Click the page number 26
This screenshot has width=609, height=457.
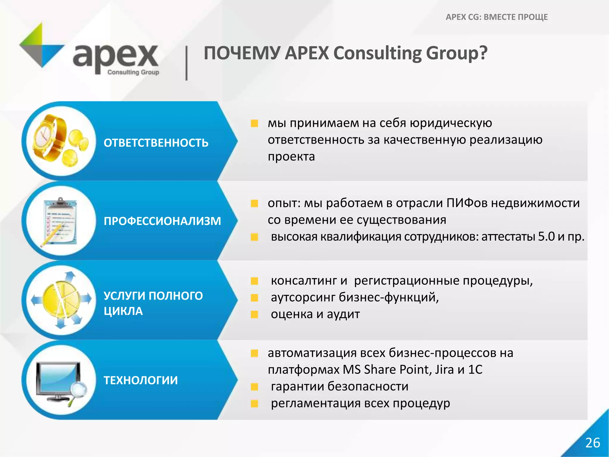click(x=593, y=443)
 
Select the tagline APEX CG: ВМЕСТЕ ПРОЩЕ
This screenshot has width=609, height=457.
click(x=497, y=17)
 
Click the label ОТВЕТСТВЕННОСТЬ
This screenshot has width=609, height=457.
click(x=156, y=143)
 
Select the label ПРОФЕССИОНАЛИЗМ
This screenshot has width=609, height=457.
click(x=162, y=221)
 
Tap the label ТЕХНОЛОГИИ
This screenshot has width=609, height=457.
click(x=141, y=380)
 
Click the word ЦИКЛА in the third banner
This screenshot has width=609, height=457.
click(x=123, y=311)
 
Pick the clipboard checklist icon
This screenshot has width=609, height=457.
click(x=59, y=222)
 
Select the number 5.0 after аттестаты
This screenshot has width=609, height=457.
click(x=546, y=237)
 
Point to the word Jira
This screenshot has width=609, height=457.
click(x=444, y=370)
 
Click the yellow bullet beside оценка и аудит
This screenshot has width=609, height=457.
click(x=255, y=314)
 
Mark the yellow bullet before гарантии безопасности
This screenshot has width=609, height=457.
click(x=255, y=387)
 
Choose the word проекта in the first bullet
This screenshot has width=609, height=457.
click(x=291, y=157)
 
